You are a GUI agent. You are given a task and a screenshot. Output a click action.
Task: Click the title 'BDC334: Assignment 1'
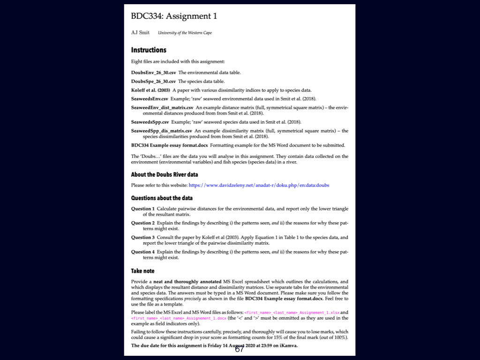[174, 16]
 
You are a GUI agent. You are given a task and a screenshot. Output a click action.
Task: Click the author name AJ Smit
[140, 33]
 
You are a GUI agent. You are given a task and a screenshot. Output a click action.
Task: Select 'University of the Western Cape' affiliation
[185, 33]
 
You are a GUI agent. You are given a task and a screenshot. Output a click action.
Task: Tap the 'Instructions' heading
[149, 50]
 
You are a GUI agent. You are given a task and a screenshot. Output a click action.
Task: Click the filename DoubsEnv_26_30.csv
[153, 73]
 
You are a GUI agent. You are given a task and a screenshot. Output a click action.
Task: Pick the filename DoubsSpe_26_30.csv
[153, 81]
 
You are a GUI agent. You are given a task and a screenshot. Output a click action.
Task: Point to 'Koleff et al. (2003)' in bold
[150, 90]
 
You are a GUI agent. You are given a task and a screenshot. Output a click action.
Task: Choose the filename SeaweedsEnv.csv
[150, 99]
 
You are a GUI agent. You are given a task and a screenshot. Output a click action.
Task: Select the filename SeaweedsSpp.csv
[150, 122]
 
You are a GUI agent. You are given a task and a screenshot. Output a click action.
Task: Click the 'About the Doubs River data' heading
[165, 175]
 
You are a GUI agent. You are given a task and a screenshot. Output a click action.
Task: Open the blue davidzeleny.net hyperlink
[259, 185]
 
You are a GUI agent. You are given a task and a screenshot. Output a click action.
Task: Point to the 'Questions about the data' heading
[162, 198]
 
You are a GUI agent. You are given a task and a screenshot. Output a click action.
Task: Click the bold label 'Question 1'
[142, 209]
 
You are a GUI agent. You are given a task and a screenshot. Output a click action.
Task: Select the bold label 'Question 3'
[142, 238]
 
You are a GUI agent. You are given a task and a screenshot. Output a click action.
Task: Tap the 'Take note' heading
[142, 271]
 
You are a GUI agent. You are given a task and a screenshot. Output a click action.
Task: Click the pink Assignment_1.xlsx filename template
[291, 312]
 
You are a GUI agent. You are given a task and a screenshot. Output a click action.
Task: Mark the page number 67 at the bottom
[239, 349]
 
